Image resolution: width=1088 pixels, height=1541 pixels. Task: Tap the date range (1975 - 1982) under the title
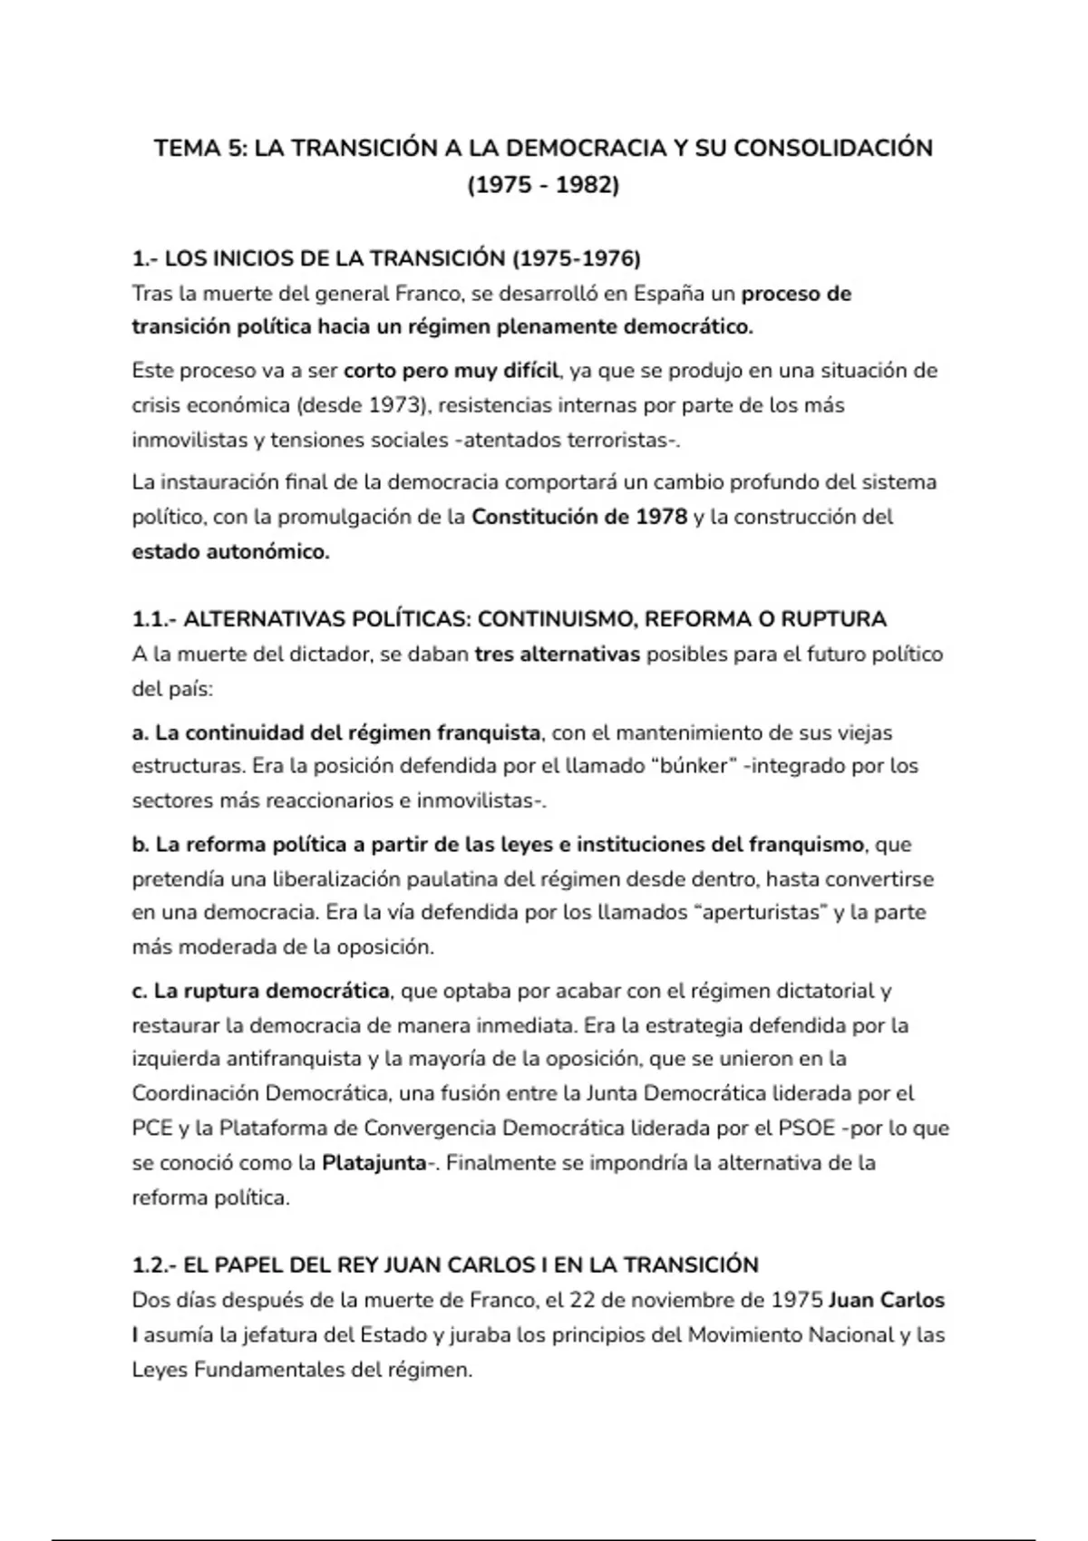(x=543, y=185)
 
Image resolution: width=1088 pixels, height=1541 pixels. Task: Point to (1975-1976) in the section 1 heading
(x=577, y=259)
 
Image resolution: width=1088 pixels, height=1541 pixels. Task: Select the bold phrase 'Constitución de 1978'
(x=579, y=517)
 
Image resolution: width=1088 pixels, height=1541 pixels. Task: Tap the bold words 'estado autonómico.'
(x=230, y=551)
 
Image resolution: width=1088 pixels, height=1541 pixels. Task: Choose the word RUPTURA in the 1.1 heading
(x=833, y=619)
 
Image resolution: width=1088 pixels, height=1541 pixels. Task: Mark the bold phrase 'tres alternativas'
(x=557, y=654)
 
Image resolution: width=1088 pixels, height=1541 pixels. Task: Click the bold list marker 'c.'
(x=140, y=991)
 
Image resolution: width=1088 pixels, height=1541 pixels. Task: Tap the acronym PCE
(x=151, y=1129)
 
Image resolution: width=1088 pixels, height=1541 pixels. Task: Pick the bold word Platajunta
(x=374, y=1163)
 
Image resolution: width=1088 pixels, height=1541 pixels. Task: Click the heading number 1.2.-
(x=155, y=1265)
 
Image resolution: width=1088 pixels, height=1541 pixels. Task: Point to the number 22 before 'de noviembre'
(x=581, y=1301)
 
